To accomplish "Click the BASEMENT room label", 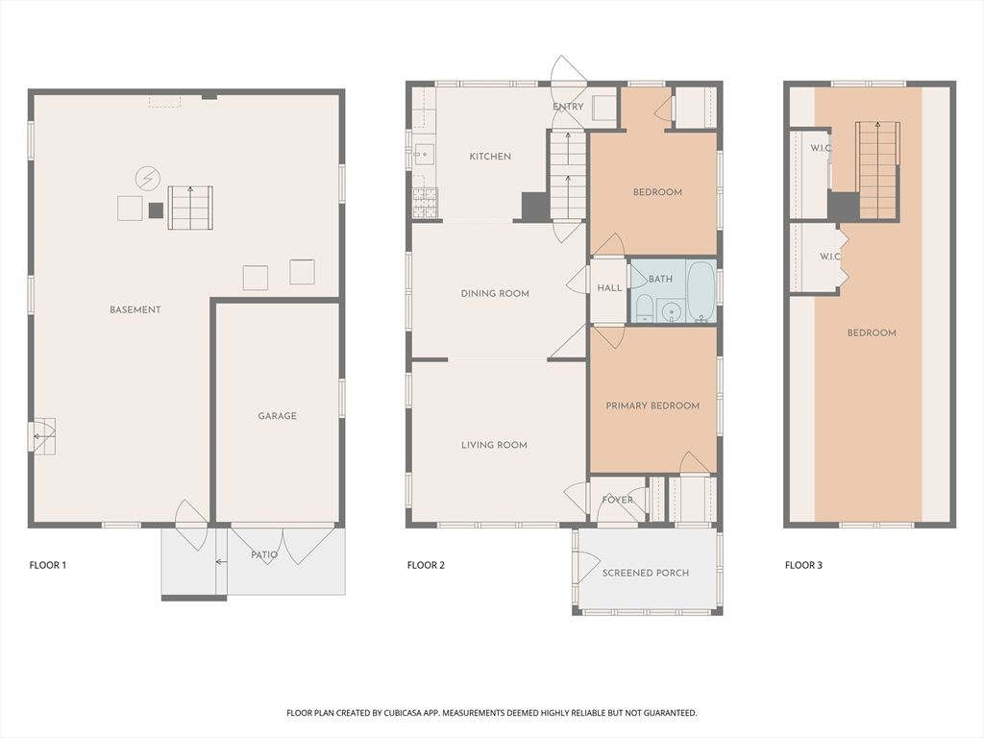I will pyautogui.click(x=135, y=309).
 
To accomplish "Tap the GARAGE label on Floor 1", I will pyautogui.click(x=277, y=416).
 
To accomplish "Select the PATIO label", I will pyautogui.click(x=264, y=555).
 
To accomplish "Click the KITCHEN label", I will pyautogui.click(x=490, y=157).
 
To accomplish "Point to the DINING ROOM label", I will pyautogui.click(x=495, y=294).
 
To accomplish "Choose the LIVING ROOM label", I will pyautogui.click(x=494, y=445).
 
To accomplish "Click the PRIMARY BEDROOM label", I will pyautogui.click(x=652, y=406).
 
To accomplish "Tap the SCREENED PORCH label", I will pyautogui.click(x=646, y=573).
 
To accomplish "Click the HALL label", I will pyautogui.click(x=609, y=288).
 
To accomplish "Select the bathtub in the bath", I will pyautogui.click(x=701, y=291).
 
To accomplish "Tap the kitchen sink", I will pyautogui.click(x=424, y=154).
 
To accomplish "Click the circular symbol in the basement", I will pyautogui.click(x=147, y=178).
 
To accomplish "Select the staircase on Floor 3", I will pyautogui.click(x=877, y=170).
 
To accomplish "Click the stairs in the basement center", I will pyautogui.click(x=190, y=208).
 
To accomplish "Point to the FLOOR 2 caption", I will pyautogui.click(x=426, y=565).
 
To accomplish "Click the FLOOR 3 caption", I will pyautogui.click(x=803, y=565).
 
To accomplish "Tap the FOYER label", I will pyautogui.click(x=617, y=500).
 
